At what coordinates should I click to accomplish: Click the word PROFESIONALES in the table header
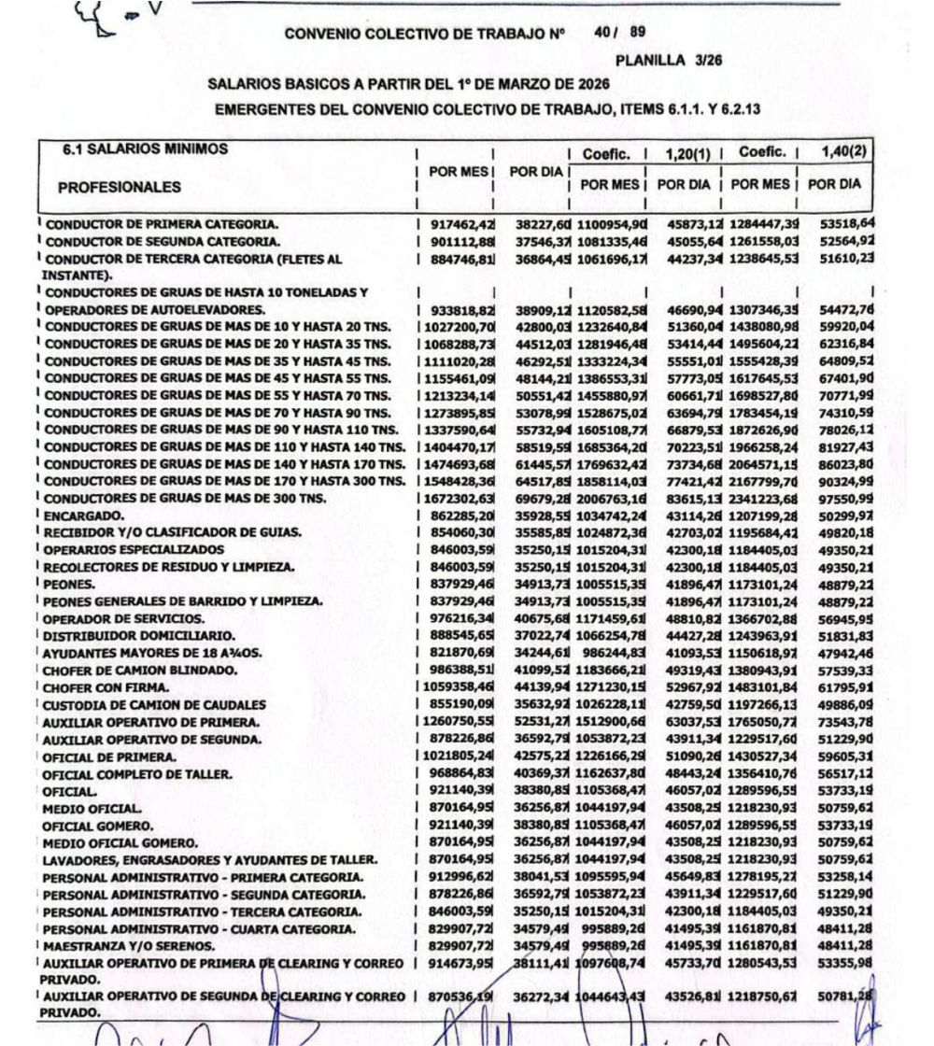coord(116,187)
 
